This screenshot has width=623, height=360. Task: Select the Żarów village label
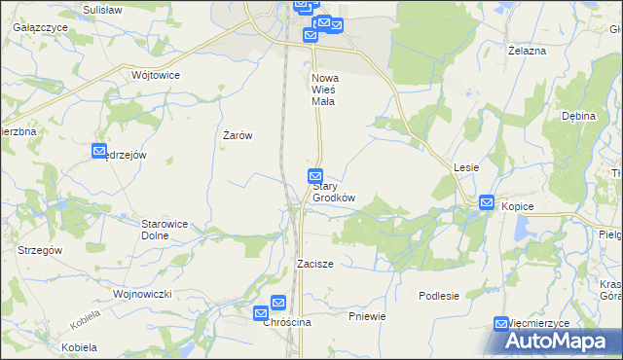pyautogui.click(x=238, y=135)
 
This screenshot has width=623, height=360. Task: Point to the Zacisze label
pyautogui.click(x=316, y=264)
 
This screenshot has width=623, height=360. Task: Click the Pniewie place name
pyautogui.click(x=367, y=316)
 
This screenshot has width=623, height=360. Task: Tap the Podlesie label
pyautogui.click(x=439, y=295)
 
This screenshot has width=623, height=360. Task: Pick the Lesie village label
pyautogui.click(x=465, y=167)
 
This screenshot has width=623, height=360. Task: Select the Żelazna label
pyautogui.click(x=527, y=50)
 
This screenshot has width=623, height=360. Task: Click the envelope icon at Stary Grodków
pyautogui.click(x=315, y=176)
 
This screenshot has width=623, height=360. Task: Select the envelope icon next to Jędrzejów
pyautogui.click(x=99, y=151)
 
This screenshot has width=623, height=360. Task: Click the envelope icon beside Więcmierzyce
pyautogui.click(x=502, y=324)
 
